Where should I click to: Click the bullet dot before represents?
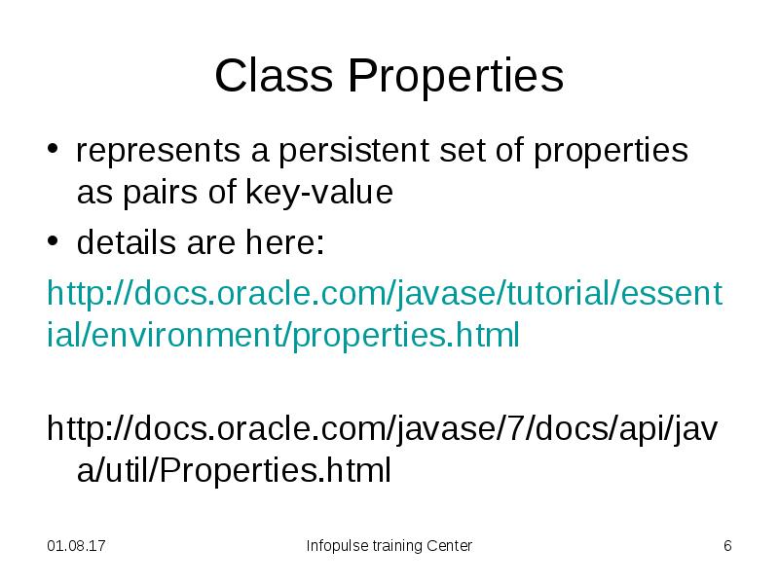point(56,153)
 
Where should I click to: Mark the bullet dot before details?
point(56,244)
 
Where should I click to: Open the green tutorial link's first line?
point(385,293)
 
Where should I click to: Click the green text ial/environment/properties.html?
point(283,336)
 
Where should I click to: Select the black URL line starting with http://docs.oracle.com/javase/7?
point(385,427)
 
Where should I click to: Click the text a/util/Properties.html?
point(234,470)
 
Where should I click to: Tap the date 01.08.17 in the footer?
point(77,546)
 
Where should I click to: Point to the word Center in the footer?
point(449,546)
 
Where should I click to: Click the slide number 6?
point(726,546)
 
